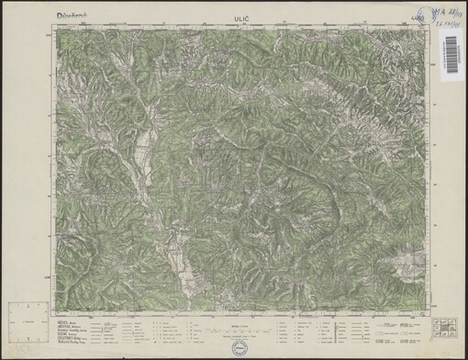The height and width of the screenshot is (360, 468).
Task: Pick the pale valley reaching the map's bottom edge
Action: (184, 276)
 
